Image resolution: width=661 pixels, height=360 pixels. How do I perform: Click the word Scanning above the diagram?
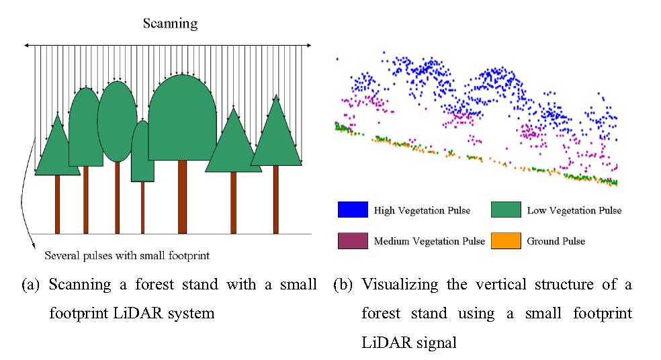[170, 24]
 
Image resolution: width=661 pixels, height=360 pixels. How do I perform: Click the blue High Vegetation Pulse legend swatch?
[352, 210]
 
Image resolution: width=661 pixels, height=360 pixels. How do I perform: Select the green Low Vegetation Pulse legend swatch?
[506, 210]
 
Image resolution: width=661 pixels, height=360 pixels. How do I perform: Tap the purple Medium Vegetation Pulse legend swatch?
[352, 240]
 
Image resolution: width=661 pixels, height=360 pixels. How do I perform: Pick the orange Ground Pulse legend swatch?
[506, 240]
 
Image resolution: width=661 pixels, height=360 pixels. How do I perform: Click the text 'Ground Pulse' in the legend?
[556, 241]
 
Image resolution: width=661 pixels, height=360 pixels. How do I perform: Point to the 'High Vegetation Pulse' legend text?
[422, 210]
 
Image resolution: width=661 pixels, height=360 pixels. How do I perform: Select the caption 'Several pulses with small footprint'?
[127, 255]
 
